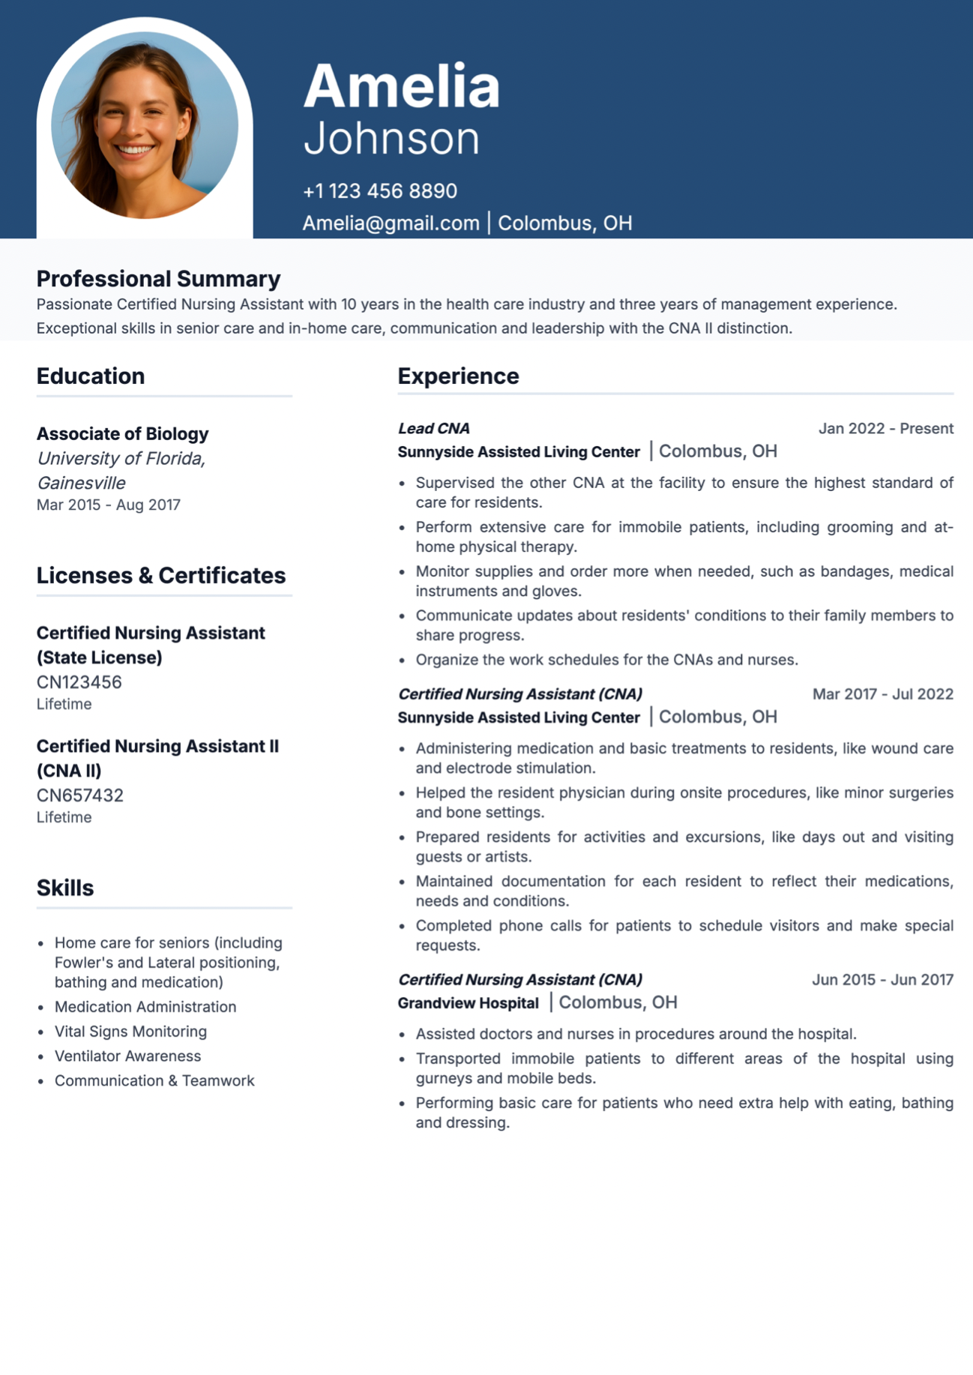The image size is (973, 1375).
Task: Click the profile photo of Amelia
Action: [144, 126]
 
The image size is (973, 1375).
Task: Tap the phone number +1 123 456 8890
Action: [379, 191]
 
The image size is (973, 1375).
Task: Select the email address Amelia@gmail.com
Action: [391, 223]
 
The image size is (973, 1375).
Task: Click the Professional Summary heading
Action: [158, 279]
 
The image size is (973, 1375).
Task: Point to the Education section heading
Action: [91, 376]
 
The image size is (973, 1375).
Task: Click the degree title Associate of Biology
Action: [122, 434]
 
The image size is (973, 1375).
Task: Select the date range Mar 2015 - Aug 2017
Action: [109, 505]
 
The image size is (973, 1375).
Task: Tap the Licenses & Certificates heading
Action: [161, 576]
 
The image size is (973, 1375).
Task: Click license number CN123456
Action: [79, 682]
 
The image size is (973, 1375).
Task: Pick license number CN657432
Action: [79, 795]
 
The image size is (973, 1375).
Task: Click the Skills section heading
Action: [65, 888]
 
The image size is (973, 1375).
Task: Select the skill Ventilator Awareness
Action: [127, 1056]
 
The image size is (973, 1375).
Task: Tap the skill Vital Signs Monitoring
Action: [130, 1032]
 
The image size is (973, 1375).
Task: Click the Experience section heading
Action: [458, 376]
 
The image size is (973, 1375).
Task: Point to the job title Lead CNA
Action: [433, 429]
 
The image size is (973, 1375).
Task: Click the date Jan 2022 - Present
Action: [885, 429]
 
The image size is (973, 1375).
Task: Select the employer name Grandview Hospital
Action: [468, 1003]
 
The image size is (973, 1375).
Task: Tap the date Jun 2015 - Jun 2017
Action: [882, 980]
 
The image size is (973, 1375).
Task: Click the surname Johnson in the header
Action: [391, 139]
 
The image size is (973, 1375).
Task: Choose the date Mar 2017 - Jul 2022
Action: [882, 694]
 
